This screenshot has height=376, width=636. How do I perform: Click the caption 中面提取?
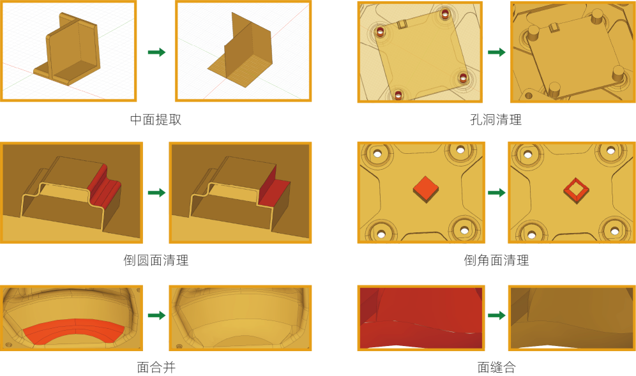[x=156, y=119]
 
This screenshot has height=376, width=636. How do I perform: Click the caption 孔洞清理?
[x=496, y=119]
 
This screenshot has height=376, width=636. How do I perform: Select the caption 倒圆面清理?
[x=156, y=260]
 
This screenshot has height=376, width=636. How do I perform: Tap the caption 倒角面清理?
[x=496, y=260]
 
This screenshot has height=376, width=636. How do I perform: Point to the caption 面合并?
[x=156, y=368]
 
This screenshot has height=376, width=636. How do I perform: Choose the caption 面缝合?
[x=496, y=368]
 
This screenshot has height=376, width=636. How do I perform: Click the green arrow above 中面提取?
[x=156, y=52]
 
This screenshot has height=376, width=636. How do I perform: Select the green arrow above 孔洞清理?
[x=496, y=52]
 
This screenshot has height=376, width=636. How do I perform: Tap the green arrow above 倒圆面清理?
[x=156, y=193]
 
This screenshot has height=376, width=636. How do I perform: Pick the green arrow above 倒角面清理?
[x=496, y=193]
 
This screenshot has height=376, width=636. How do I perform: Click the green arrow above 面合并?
[x=156, y=315]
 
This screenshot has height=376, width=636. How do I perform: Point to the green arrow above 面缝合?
[x=496, y=315]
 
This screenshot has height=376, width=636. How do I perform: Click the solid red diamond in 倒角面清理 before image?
[x=425, y=189]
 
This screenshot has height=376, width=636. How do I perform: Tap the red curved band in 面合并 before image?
[x=73, y=330]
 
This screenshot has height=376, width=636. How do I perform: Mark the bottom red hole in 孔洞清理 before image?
[x=398, y=95]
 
